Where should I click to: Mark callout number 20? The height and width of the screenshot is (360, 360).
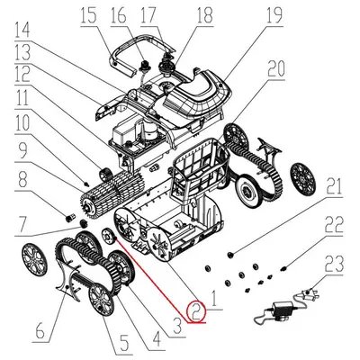(276, 68)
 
